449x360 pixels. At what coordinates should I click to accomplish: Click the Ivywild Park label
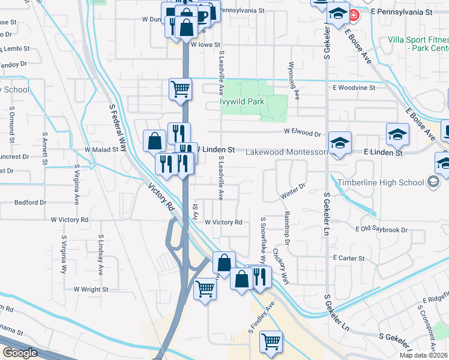point(243,101)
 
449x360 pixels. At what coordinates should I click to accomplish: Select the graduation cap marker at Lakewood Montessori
point(340,143)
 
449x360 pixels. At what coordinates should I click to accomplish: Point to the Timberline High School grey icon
point(432,182)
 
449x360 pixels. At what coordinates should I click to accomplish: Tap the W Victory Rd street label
point(223,222)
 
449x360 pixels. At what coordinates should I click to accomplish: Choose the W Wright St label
point(91,289)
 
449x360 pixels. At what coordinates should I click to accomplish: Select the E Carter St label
point(349,258)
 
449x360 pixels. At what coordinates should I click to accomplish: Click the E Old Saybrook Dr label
point(382,230)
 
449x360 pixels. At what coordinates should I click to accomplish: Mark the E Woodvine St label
point(354,87)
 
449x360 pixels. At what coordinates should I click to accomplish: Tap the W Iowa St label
point(206,44)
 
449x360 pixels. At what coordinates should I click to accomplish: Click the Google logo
point(20,353)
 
